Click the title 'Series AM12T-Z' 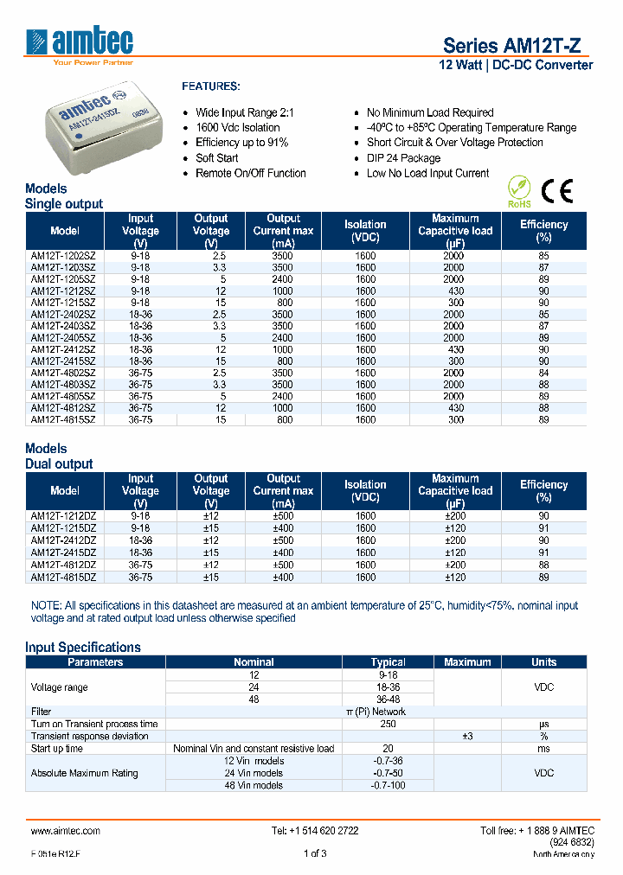point(517,46)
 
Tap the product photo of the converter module point(103,129)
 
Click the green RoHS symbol point(518,192)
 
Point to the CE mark point(556,191)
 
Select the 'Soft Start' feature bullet point(216,158)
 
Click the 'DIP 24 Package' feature point(403,158)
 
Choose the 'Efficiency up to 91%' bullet point(241,143)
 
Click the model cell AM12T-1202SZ point(64,256)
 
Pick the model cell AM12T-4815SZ point(64,419)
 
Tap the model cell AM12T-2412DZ point(64,540)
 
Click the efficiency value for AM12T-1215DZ point(543,527)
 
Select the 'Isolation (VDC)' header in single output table point(365,231)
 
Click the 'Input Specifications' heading point(83,647)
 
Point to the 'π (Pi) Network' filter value point(388,712)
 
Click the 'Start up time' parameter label point(57,748)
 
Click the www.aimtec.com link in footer point(66,830)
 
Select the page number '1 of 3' point(314,854)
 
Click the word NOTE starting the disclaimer point(45,606)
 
